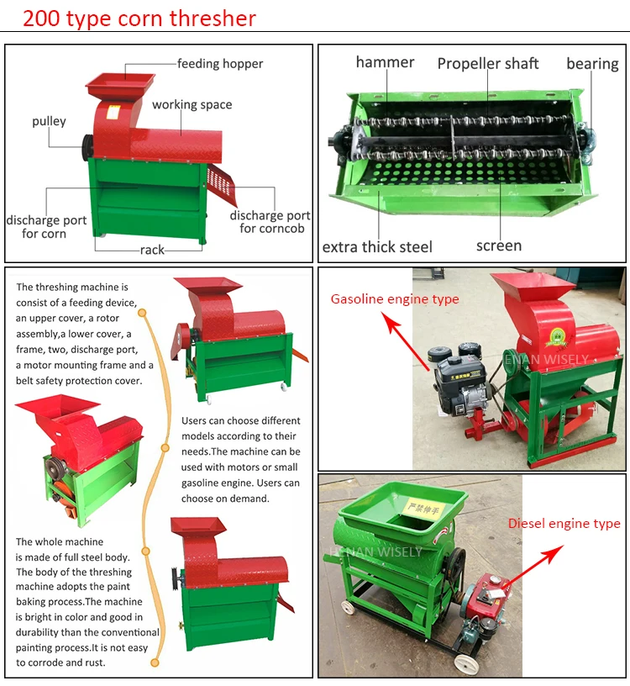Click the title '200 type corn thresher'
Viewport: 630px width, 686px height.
[x=139, y=18]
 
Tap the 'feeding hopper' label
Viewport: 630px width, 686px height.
[x=219, y=64]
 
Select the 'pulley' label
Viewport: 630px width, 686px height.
[x=49, y=121]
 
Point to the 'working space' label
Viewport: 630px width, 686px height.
[x=192, y=105]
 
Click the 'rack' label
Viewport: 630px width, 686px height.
[x=152, y=250]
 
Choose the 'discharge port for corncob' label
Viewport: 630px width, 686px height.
[x=270, y=222]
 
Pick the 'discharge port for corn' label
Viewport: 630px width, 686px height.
[x=46, y=227]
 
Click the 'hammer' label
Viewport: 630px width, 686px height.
[x=385, y=62]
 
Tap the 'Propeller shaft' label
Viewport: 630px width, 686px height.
[x=487, y=64]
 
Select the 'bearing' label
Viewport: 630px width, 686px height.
[x=592, y=64]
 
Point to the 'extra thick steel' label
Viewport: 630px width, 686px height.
[x=377, y=246]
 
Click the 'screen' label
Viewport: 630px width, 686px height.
[x=498, y=245]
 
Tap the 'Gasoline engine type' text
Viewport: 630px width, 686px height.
[x=395, y=299]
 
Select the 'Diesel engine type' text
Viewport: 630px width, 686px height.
[x=564, y=524]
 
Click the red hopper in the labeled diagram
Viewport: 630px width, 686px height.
[x=121, y=85]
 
